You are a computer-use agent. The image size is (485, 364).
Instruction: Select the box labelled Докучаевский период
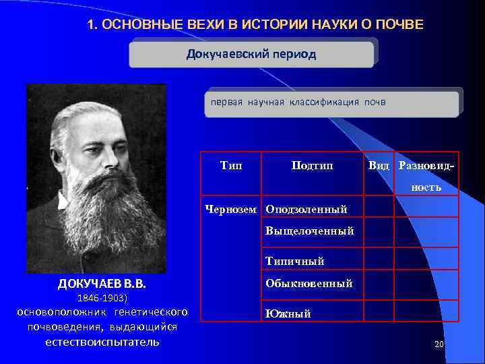pyautogui.click(x=251, y=54)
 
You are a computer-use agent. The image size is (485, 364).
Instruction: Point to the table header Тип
pyautogui.click(x=232, y=165)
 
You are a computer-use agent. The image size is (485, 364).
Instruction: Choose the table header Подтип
pyautogui.click(x=312, y=166)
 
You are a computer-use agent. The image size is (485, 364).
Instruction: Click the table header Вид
pyautogui.click(x=379, y=166)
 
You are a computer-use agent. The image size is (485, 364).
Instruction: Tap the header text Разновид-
pyautogui.click(x=426, y=166)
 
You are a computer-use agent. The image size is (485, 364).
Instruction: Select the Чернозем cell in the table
pyautogui.click(x=231, y=210)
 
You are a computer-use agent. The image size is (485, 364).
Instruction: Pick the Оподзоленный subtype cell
pyautogui.click(x=306, y=210)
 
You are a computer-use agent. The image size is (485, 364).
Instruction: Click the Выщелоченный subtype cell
pyautogui.click(x=310, y=231)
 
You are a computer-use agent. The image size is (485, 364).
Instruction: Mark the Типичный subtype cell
pyautogui.click(x=294, y=261)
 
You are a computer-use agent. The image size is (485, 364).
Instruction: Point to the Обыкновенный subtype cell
pyautogui.click(x=309, y=283)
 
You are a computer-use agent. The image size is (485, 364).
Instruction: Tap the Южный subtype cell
pyautogui.click(x=288, y=313)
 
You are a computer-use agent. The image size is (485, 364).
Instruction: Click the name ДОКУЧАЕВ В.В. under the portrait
pyautogui.click(x=102, y=283)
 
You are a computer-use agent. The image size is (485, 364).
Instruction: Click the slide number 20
pyautogui.click(x=440, y=344)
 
